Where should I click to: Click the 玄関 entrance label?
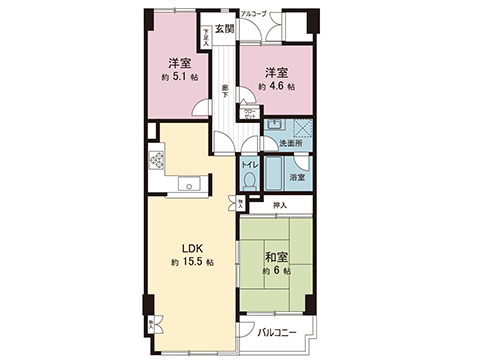click(x=225, y=28)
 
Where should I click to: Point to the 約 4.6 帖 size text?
click(x=276, y=87)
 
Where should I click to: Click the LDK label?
click(x=192, y=249)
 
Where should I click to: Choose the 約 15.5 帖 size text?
click(x=188, y=263)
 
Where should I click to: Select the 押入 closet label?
click(x=280, y=206)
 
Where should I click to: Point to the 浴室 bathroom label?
click(x=297, y=177)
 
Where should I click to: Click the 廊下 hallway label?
click(x=225, y=90)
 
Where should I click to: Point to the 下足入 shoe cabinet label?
click(x=207, y=36)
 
